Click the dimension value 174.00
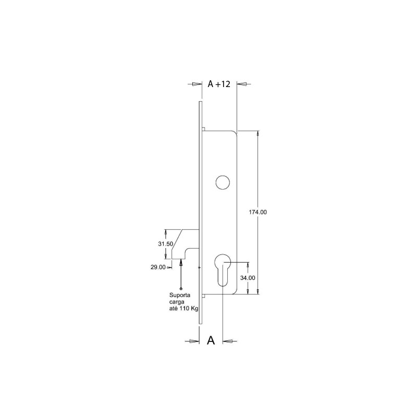pyautogui.click(x=257, y=212)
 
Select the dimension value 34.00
pyautogui.click(x=248, y=278)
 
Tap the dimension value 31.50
pyautogui.click(x=165, y=243)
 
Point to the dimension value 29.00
pyautogui.click(x=158, y=267)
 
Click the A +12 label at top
pyautogui.click(x=219, y=84)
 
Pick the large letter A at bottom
pyautogui.click(x=211, y=340)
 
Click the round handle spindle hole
pyautogui.click(x=223, y=182)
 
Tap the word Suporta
pyautogui.click(x=180, y=295)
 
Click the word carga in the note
pyautogui.click(x=177, y=302)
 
